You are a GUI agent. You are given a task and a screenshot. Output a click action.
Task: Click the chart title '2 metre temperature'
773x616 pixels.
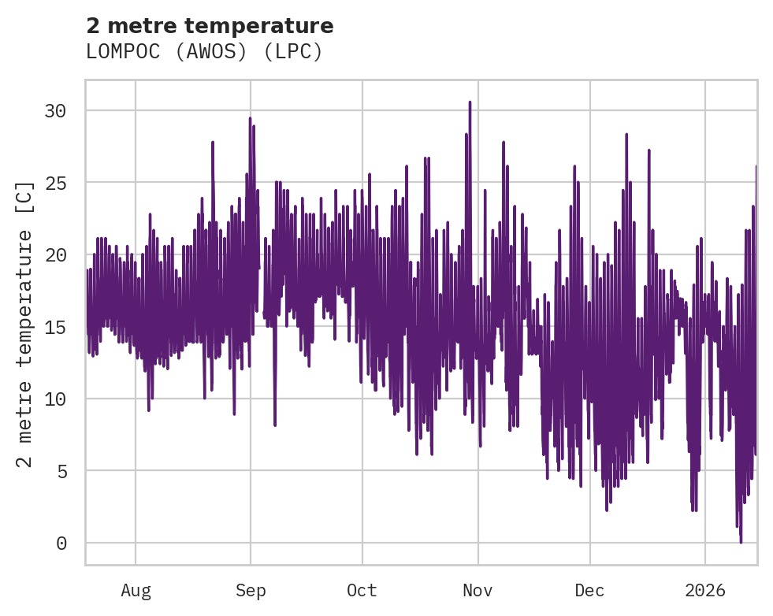coord(210,26)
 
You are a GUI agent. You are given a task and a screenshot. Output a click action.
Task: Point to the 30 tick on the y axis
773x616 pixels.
coord(55,111)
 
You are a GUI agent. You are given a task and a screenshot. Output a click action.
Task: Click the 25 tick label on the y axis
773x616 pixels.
coord(55,183)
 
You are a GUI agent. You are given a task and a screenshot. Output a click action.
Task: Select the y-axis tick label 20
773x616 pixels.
coord(55,255)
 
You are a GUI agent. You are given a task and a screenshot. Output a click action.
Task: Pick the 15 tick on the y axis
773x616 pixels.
coord(55,327)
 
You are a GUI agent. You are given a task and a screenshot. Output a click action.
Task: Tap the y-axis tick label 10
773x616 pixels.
coord(55,399)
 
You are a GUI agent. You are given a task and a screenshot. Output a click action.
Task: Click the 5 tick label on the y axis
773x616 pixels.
coord(61,471)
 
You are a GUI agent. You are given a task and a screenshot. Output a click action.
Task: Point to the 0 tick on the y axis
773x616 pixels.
coord(61,544)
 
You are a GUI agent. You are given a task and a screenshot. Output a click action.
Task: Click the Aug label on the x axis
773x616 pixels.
coord(136,591)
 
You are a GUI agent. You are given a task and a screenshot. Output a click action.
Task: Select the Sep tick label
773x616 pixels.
coord(251,591)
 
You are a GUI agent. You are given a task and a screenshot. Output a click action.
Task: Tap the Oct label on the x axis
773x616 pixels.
coord(362,591)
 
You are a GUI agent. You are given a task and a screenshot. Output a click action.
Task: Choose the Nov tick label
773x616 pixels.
coord(478,591)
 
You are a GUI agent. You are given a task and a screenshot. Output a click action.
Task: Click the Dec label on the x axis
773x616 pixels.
coord(590,591)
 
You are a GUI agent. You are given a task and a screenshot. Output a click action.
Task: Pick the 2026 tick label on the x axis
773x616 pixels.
coord(705,591)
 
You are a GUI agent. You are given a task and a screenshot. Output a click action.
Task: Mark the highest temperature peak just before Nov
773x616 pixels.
coord(470,102)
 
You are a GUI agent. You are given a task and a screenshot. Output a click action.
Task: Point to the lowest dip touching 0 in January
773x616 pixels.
coord(741,541)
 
